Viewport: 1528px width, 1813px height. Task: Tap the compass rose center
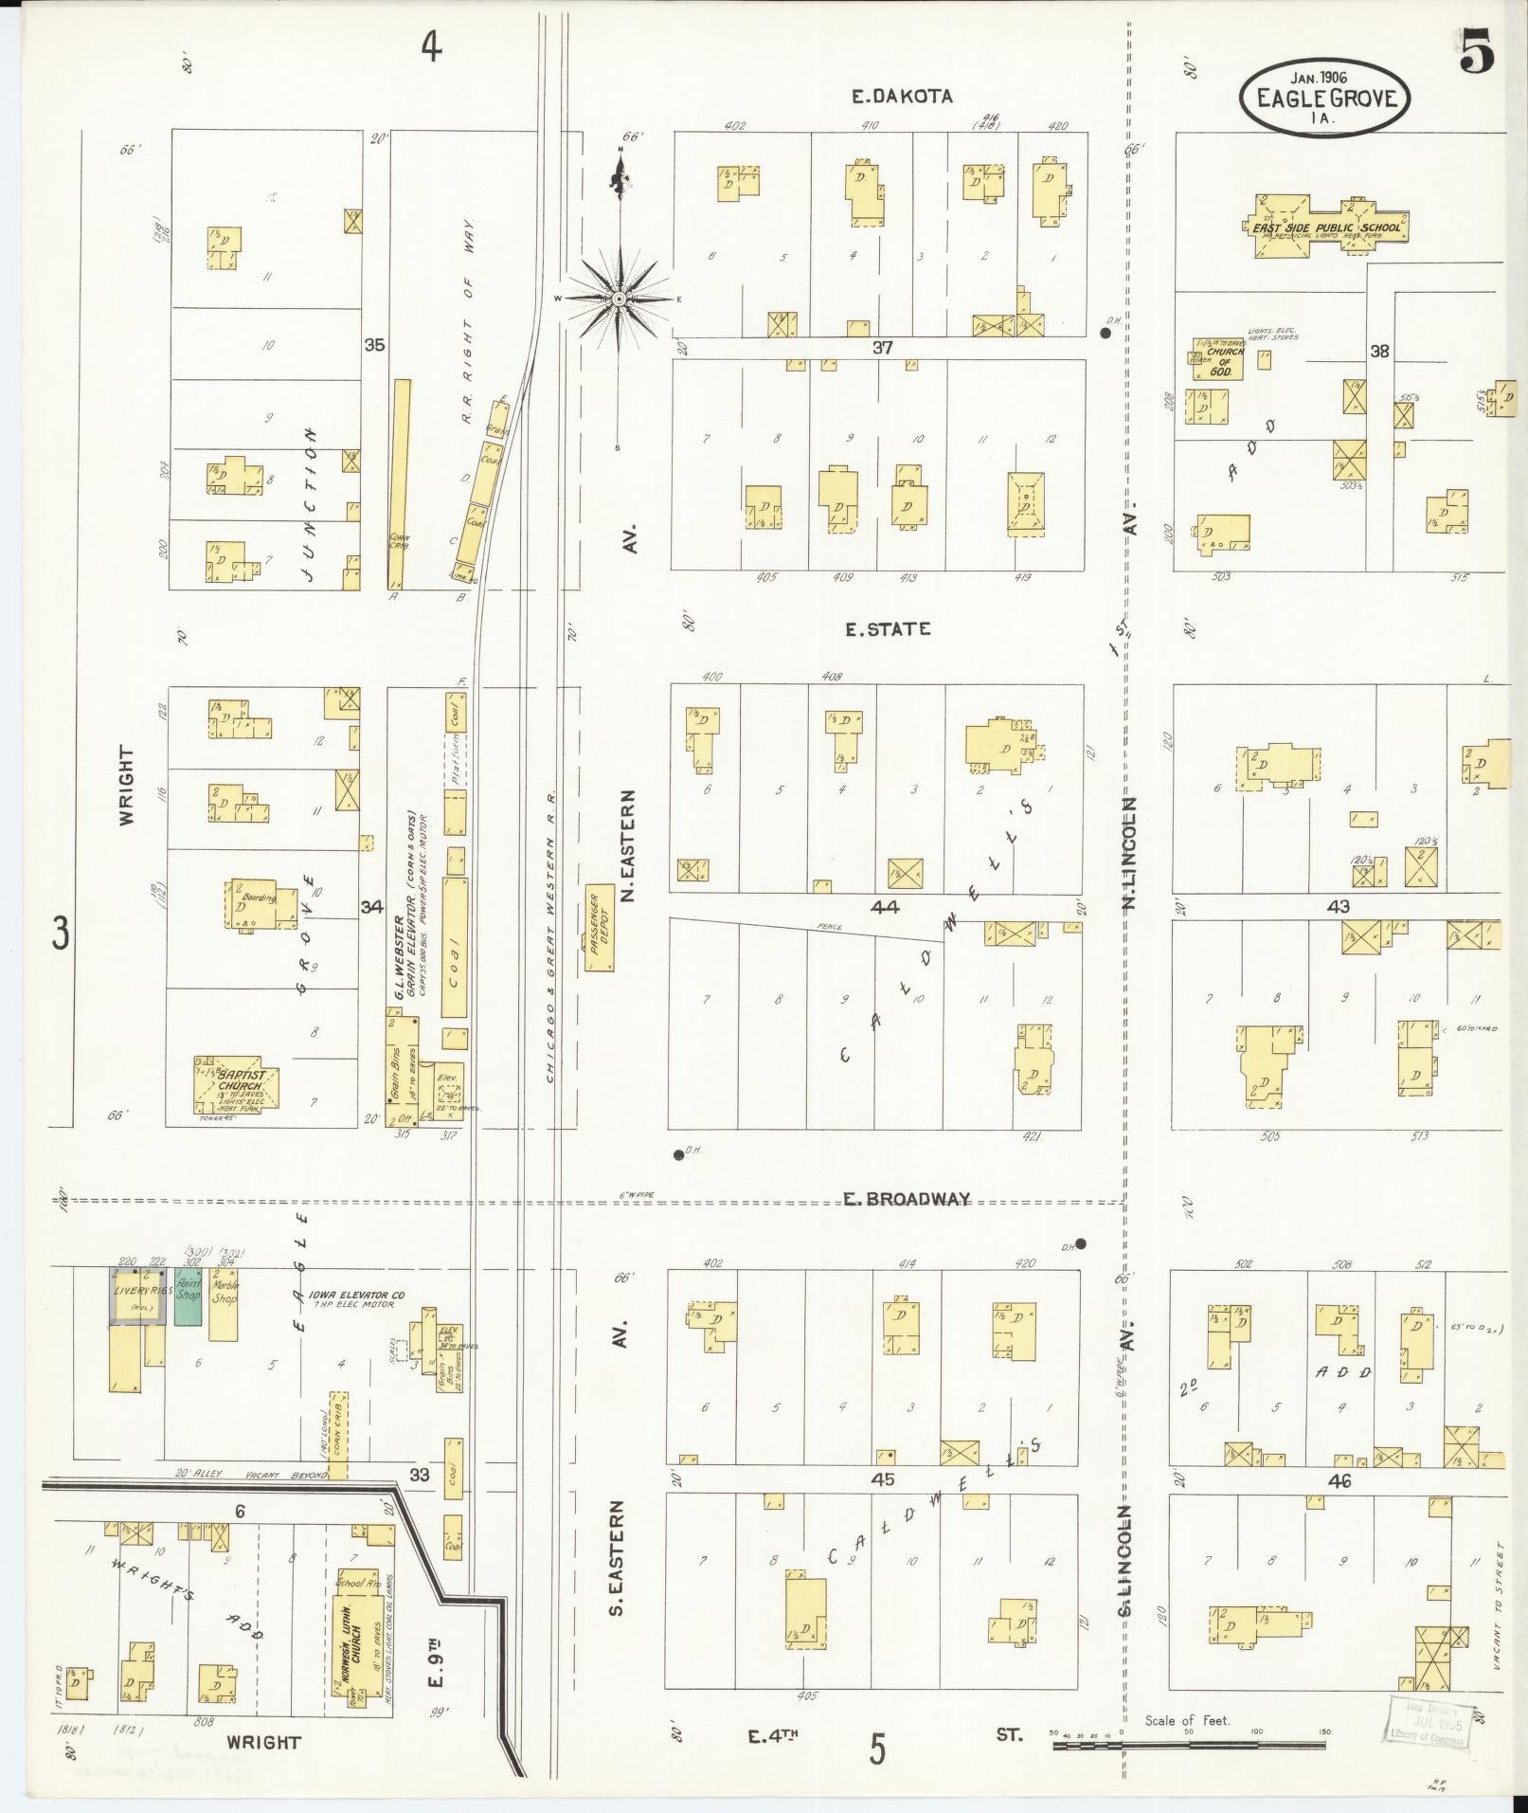click(618, 299)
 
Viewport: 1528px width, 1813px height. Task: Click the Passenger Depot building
click(599, 928)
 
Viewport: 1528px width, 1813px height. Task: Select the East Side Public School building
click(1326, 227)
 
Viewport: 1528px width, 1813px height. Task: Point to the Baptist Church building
click(236, 1084)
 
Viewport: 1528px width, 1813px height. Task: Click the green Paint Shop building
click(189, 1296)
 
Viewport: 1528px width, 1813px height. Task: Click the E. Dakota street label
click(900, 96)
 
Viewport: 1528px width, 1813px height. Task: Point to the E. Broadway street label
click(908, 1199)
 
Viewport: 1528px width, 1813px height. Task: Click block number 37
click(882, 348)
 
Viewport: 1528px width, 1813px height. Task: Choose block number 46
click(1339, 1480)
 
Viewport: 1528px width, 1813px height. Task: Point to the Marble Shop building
click(224, 1303)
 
